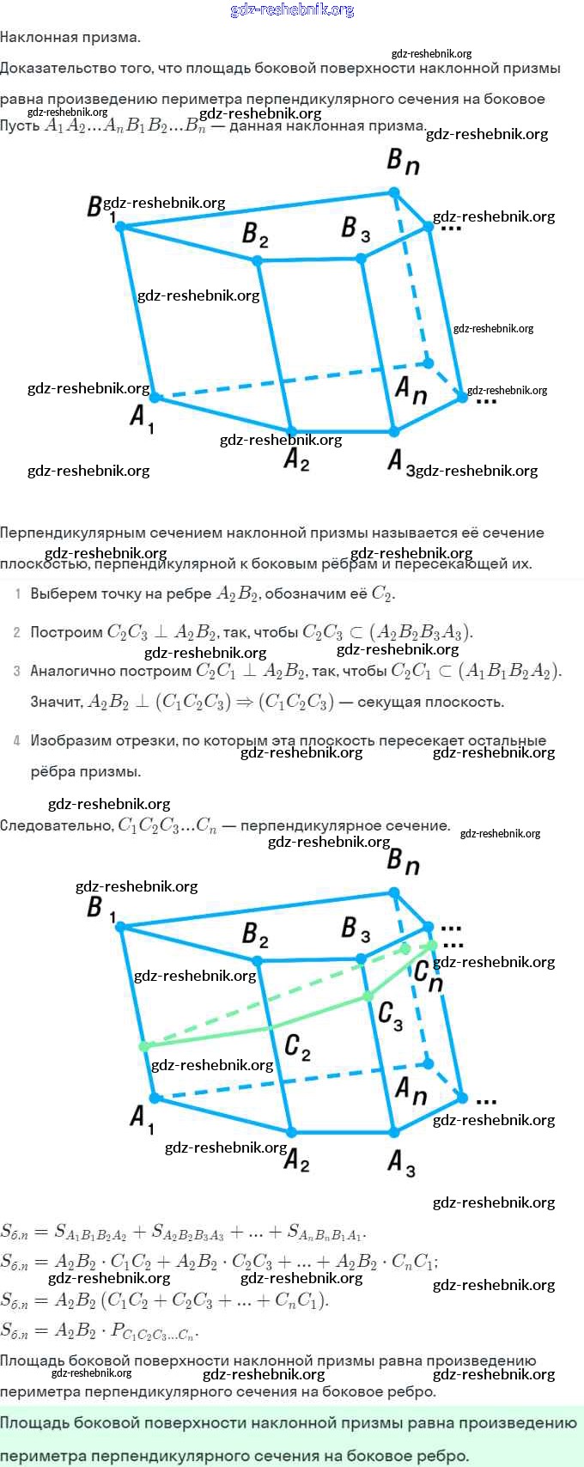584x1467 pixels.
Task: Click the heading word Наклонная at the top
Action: coord(34,37)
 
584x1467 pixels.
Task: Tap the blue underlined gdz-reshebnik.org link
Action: coord(292,9)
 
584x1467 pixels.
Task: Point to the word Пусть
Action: coord(20,126)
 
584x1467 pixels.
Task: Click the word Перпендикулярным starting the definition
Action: coord(68,533)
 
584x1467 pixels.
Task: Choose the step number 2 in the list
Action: coord(17,633)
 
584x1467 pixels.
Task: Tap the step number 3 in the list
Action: coord(17,672)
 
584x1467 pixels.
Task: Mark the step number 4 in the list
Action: coord(17,740)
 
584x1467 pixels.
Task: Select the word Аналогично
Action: coord(69,672)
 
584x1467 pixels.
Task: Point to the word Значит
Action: coord(56,703)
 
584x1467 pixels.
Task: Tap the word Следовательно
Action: coord(56,825)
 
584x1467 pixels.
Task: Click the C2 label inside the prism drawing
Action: coord(297,1046)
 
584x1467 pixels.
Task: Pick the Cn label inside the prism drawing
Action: coord(429,976)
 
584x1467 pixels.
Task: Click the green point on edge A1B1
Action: coord(144,1046)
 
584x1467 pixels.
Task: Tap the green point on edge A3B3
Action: coord(368,996)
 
